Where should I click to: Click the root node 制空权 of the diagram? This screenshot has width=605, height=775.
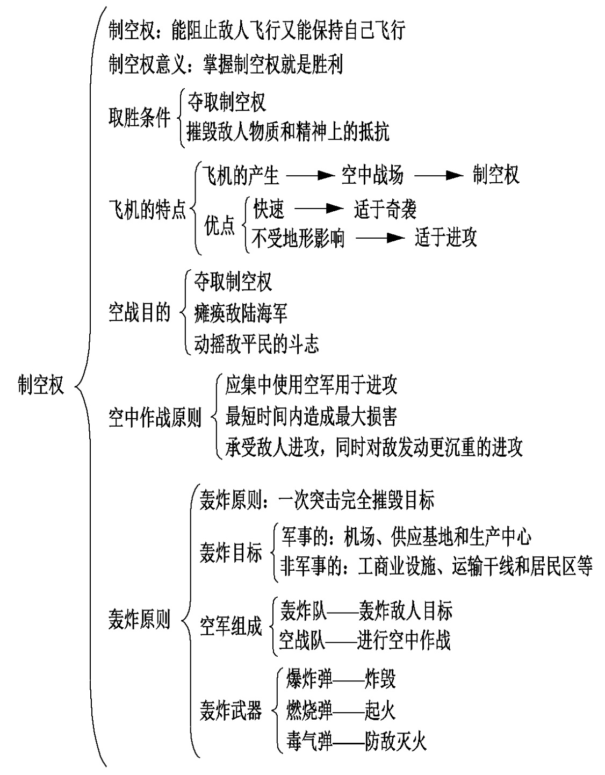(41, 385)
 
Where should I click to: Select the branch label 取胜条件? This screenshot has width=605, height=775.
(139, 117)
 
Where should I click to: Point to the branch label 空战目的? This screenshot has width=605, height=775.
(139, 312)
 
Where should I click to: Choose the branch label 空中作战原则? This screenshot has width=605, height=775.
(155, 417)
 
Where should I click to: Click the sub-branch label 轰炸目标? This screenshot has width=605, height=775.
(231, 553)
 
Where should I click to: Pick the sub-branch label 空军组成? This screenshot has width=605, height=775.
(231, 626)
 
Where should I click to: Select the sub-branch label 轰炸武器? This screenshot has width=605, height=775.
(231, 711)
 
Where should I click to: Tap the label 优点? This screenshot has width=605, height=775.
(220, 226)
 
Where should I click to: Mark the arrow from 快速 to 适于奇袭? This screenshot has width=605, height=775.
(319, 209)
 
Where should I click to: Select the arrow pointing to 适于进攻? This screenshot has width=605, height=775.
(380, 238)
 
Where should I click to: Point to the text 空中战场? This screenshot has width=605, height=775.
(372, 176)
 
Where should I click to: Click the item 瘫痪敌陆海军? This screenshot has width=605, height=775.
(241, 313)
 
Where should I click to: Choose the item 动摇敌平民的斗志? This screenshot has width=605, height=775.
(256, 343)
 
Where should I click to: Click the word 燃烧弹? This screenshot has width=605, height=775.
(309, 711)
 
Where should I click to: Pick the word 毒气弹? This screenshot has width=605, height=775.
(309, 741)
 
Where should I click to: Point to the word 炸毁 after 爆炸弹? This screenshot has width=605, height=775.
(380, 679)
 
